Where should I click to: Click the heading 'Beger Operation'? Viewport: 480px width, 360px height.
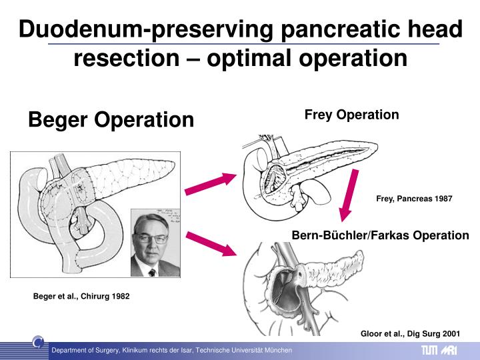click(111, 120)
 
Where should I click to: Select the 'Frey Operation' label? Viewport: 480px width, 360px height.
click(351, 115)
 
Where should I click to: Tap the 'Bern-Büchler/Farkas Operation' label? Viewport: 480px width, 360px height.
click(381, 235)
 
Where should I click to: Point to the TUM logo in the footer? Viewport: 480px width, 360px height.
click(429, 351)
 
